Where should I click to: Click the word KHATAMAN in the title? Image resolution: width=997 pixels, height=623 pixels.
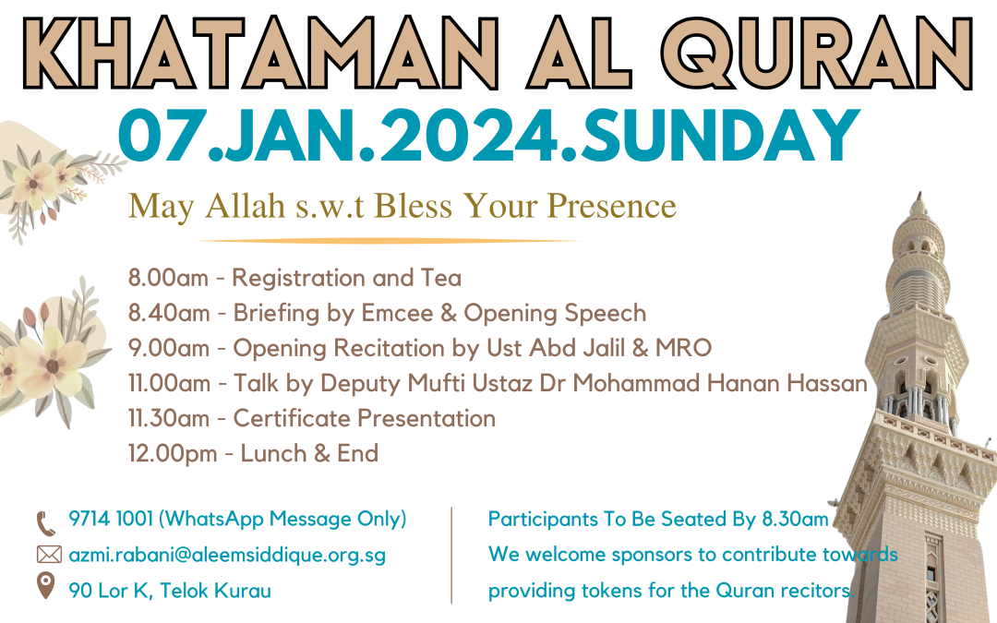point(260,54)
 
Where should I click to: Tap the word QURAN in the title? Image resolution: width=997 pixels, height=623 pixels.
point(817,54)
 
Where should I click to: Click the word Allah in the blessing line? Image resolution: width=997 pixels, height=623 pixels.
point(245,205)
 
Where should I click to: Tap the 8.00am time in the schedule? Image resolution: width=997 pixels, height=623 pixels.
point(169,278)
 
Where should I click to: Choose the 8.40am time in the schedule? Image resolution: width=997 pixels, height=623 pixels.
point(169,313)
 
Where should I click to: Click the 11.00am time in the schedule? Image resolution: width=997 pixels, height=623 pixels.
point(169,383)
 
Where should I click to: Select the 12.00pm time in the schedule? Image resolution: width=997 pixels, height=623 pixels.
point(173,453)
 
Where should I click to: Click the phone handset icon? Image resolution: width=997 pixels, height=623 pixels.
point(46,524)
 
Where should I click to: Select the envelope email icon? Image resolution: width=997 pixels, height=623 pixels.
point(49,555)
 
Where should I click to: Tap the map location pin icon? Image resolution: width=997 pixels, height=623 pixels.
point(45,585)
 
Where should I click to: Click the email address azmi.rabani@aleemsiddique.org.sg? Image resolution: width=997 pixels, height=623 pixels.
point(227,555)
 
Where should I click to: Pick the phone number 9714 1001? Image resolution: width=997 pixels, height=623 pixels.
point(111,519)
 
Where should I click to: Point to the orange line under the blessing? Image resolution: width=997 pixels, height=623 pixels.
point(388,241)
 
